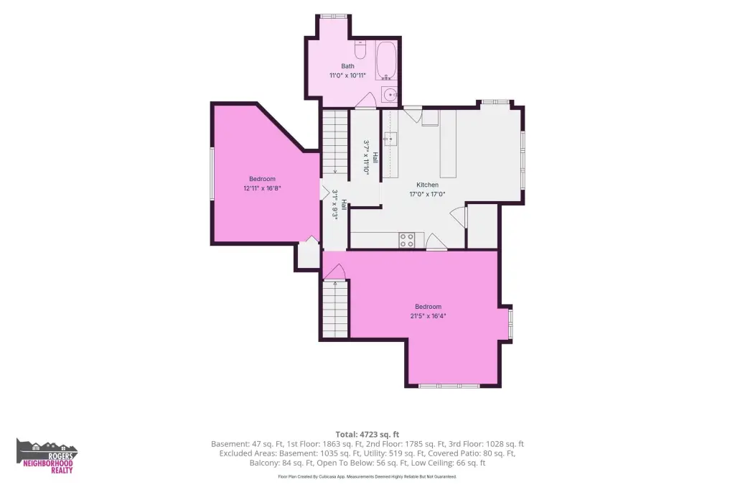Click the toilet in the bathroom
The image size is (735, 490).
pyautogui.click(x=360, y=50)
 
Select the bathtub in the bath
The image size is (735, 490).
pyautogui.click(x=386, y=61)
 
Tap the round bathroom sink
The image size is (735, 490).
pyautogui.click(x=390, y=96)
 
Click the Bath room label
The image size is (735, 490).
pyautogui.click(x=348, y=66)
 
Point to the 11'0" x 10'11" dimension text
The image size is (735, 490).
pyautogui.click(x=348, y=75)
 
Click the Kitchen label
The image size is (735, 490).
pyautogui.click(x=428, y=185)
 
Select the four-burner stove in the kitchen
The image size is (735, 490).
pyautogui.click(x=406, y=240)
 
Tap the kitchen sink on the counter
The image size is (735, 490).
pyautogui.click(x=390, y=139)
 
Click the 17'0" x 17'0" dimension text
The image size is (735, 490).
pyautogui.click(x=428, y=194)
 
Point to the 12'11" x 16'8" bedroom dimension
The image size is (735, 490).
pyautogui.click(x=262, y=188)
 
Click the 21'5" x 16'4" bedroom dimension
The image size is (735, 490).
pyautogui.click(x=428, y=316)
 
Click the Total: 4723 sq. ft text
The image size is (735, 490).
pyautogui.click(x=367, y=435)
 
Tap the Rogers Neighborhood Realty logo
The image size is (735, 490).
pyautogui.click(x=47, y=456)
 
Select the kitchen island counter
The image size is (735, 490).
pyautogui.click(x=448, y=143)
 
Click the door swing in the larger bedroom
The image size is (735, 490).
pyautogui.click(x=334, y=271)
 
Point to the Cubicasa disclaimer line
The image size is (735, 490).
pyautogui.click(x=367, y=477)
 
